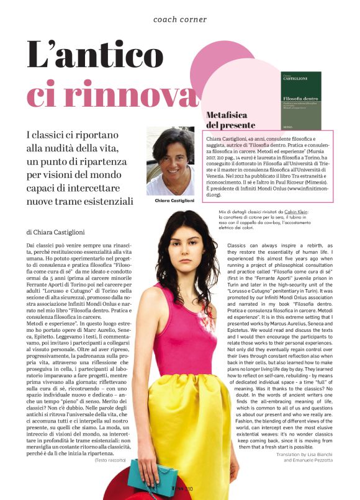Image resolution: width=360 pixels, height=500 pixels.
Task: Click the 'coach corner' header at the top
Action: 180,19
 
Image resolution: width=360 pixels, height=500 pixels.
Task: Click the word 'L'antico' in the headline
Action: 96,56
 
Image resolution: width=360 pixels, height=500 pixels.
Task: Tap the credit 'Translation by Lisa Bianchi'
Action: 303,454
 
